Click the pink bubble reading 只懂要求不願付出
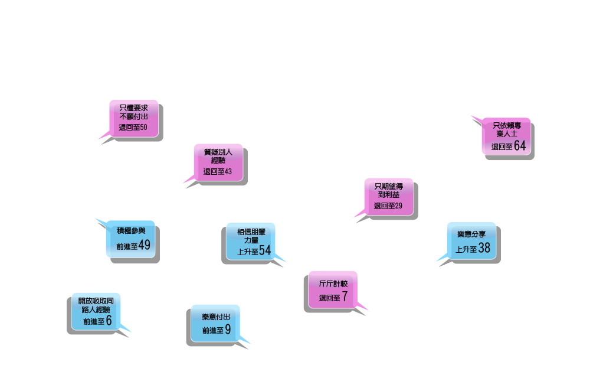click(133, 118)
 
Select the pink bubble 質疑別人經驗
click(218, 161)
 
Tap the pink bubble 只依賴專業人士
click(506, 136)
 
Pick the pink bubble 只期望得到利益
click(388, 196)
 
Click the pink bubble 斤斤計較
click(333, 289)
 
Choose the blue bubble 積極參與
click(130, 239)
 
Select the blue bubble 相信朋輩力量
click(251, 240)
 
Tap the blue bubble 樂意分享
click(471, 240)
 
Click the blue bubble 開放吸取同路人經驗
click(96, 311)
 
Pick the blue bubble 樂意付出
click(215, 322)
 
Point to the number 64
click(519, 146)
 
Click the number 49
click(145, 246)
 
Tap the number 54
click(265, 251)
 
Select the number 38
click(484, 248)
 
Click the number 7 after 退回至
click(345, 296)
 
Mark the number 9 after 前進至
click(228, 330)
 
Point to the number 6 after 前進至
click(109, 321)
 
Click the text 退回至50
click(133, 127)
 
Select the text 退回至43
click(218, 171)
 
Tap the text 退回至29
click(388, 206)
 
